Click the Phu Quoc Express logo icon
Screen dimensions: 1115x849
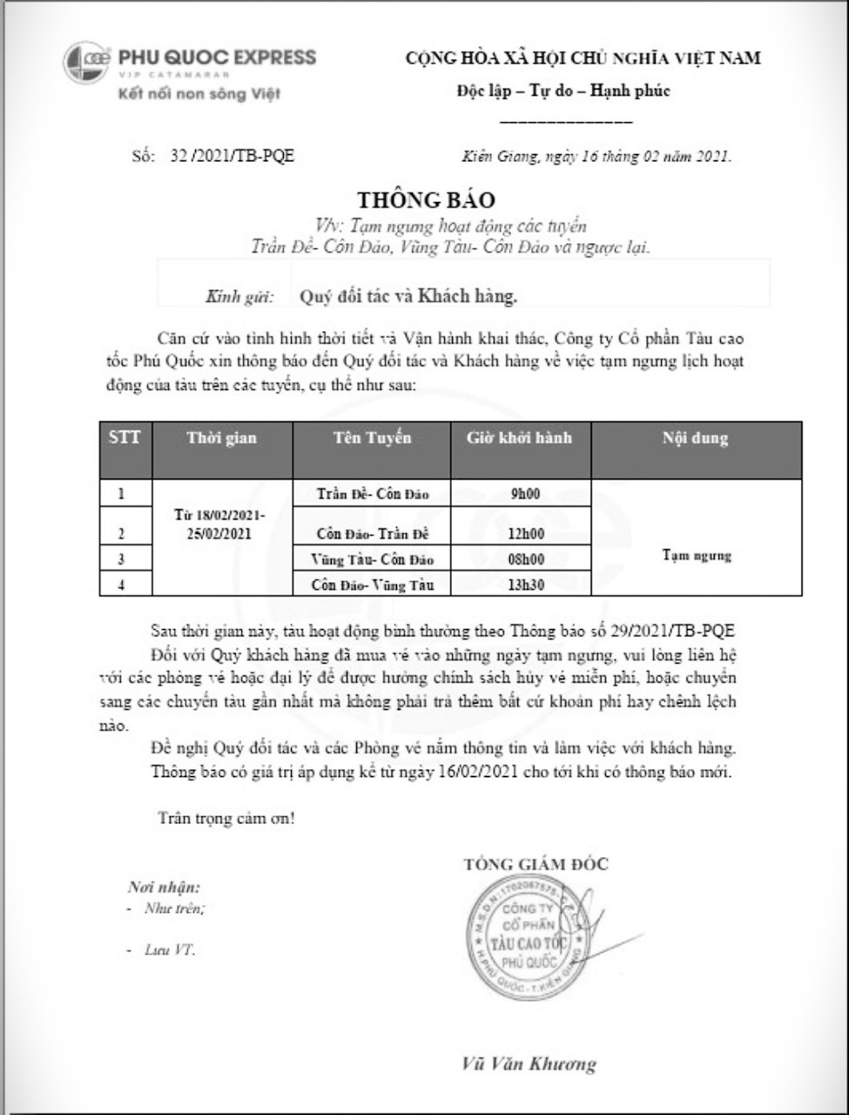85,63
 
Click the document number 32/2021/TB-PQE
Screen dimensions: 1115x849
232,156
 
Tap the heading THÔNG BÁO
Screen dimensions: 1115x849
426,200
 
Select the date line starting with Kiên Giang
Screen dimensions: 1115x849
596,157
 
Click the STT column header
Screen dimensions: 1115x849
125,437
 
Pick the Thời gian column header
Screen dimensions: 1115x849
221,438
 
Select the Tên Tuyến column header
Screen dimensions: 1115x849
372,437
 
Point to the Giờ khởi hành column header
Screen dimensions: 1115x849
519,437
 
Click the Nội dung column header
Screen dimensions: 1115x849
695,438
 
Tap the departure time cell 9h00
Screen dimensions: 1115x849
525,494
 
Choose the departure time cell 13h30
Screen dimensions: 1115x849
525,585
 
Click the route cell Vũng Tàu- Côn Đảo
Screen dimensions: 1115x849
372,559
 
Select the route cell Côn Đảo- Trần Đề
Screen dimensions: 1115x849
372,534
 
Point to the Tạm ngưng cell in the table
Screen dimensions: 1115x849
696,556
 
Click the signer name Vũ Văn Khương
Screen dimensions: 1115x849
529,1064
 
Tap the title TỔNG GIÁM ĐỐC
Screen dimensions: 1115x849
536,864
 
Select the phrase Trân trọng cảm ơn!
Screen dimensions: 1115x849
226,818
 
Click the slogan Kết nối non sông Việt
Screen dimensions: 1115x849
199,94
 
